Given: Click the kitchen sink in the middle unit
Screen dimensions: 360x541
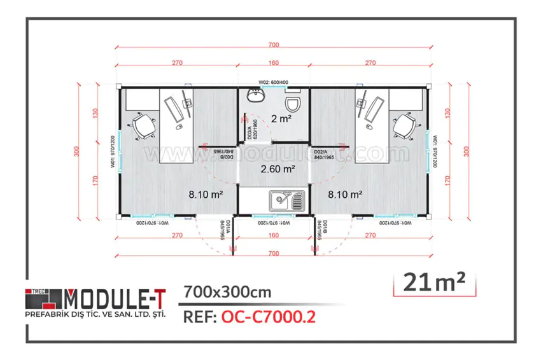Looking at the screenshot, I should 280,202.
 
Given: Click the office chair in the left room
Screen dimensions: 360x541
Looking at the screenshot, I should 143,125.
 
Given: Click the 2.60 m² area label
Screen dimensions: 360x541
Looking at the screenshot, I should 278,169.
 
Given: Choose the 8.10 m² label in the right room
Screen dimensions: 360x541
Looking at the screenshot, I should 346,195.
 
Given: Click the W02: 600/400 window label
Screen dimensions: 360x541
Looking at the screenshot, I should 273,83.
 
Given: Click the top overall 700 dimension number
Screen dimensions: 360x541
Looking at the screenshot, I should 274,45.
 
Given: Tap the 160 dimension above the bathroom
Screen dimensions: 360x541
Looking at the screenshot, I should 274,63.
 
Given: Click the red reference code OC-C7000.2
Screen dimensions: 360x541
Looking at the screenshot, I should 269,317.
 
